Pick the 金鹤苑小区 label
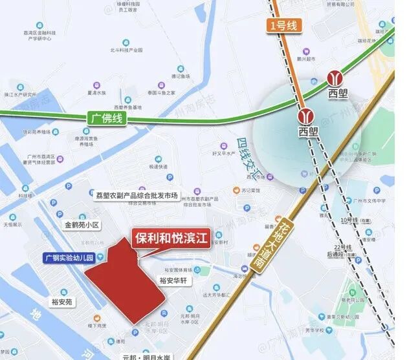tap(82, 226)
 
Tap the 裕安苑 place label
tap(63, 301)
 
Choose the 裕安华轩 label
tap(173, 281)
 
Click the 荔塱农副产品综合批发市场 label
tap(136, 195)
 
